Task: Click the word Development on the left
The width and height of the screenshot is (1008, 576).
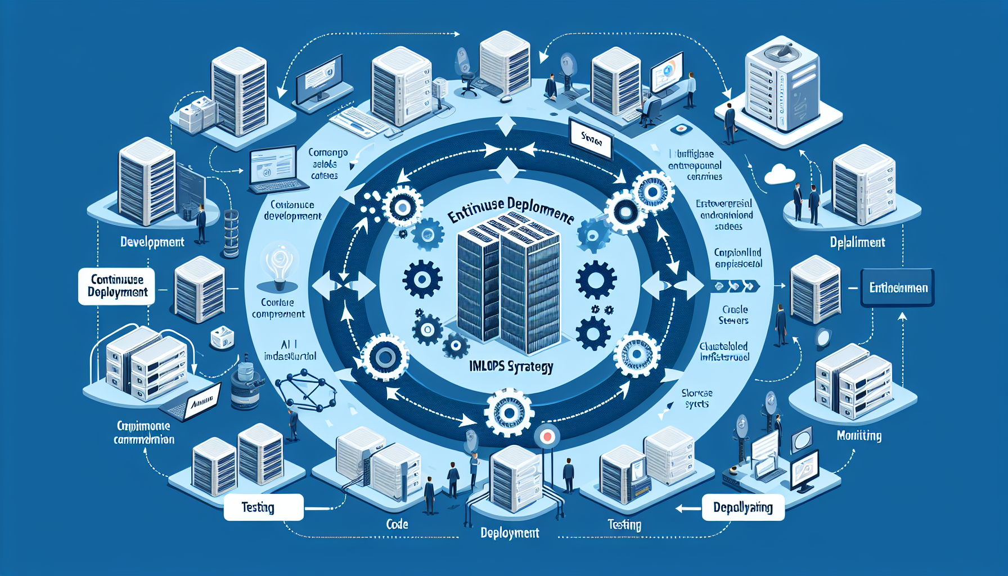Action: (152, 242)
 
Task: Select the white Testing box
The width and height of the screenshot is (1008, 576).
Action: (263, 507)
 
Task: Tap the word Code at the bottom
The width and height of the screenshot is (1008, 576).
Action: (397, 524)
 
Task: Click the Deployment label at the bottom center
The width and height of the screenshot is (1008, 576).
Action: (510, 533)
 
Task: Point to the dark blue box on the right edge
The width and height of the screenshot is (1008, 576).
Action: (898, 288)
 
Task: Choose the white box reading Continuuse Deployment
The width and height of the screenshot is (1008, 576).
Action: (117, 286)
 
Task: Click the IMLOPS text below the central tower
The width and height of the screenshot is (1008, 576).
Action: (511, 367)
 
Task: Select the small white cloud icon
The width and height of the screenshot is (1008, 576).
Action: (780, 174)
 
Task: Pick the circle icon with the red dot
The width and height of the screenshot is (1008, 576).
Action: (546, 436)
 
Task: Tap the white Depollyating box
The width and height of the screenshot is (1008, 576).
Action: (743, 507)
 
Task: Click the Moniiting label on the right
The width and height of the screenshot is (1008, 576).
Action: (859, 435)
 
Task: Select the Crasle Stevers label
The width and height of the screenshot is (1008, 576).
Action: (734, 315)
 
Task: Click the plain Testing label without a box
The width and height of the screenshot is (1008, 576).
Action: (624, 525)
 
